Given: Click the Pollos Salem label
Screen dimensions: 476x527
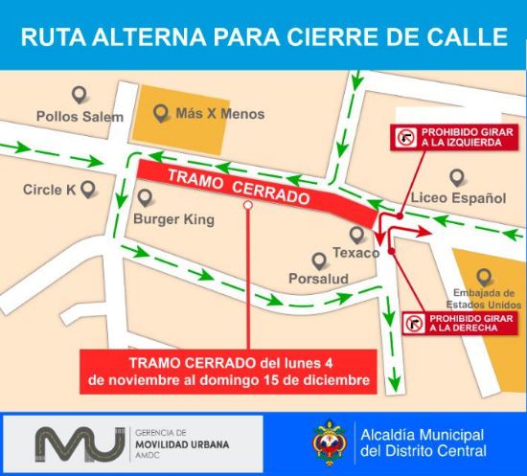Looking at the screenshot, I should coord(80,117).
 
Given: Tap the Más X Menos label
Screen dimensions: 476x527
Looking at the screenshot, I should coord(220,114).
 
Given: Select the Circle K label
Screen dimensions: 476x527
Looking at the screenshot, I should coord(50,190).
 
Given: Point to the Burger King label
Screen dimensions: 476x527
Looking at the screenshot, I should coord(173,218).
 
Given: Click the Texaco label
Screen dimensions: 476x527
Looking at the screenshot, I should coord(356,254).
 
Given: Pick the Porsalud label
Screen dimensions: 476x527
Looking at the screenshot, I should coord(317,279).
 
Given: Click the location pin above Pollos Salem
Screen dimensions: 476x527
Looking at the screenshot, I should coord(80,95).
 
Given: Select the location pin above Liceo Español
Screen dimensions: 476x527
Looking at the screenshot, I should coord(457,177).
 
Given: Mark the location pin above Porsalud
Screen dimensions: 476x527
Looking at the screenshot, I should coord(319,260).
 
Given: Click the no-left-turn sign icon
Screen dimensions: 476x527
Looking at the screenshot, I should coord(405,138).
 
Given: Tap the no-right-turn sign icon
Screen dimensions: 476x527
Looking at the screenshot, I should coord(415,324).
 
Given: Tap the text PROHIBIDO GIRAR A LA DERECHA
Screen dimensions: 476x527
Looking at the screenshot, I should coord(464,324).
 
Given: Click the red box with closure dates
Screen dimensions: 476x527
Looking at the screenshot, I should coord(228,372).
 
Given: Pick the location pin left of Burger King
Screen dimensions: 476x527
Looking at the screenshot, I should coord(146,199).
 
